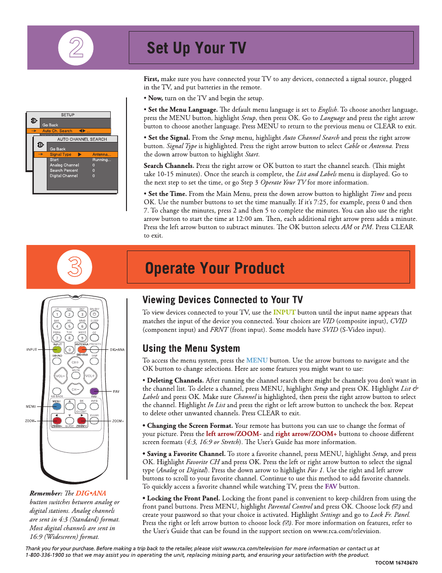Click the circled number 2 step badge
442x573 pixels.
76,48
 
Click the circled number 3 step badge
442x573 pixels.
75,267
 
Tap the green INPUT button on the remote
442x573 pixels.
57,350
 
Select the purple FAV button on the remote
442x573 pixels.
94,391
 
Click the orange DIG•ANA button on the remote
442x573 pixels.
82,350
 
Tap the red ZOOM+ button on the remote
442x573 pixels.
82,421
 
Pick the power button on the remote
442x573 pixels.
95,314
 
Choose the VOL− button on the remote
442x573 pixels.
60,376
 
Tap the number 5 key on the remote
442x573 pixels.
69,326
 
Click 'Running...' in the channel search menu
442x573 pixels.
101,160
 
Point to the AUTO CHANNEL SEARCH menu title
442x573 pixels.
82,139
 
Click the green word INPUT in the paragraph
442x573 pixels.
284,313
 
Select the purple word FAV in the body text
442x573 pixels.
331,487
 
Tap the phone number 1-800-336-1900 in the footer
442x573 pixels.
45,555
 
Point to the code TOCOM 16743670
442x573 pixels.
396,563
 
